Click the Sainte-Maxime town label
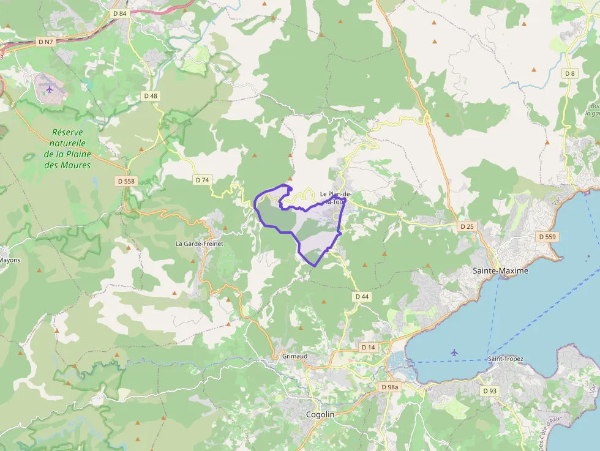[500, 270]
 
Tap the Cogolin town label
[320, 414]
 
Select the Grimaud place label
[294, 356]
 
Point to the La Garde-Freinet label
[200, 244]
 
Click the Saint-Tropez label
[505, 359]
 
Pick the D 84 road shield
[120, 13]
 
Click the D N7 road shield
[45, 42]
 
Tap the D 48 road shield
[151, 95]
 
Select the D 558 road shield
[126, 181]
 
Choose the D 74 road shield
[202, 180]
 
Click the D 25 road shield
[467, 226]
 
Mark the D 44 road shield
[362, 296]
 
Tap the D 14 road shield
[368, 347]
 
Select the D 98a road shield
[389, 387]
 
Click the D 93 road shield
[489, 390]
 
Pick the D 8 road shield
[570, 73]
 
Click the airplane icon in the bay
[454, 352]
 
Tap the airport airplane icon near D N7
[50, 89]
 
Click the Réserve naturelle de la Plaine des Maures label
[67, 149]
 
